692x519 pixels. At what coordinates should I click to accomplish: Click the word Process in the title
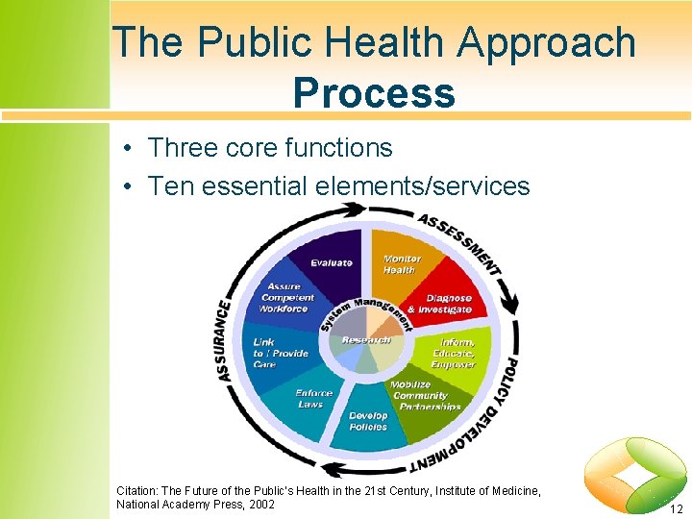(x=374, y=92)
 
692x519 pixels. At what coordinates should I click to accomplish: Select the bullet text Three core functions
(x=270, y=148)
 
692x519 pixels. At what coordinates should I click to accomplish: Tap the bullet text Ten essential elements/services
(x=338, y=185)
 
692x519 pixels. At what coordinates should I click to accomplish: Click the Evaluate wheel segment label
(x=332, y=262)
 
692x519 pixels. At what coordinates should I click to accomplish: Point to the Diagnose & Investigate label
(x=439, y=304)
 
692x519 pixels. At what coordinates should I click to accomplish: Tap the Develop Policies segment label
(x=368, y=421)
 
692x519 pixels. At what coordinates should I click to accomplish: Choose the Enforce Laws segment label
(x=313, y=398)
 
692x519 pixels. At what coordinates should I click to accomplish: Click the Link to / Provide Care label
(x=280, y=353)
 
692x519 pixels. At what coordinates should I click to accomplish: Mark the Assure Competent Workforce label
(x=286, y=297)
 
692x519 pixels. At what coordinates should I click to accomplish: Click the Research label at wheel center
(x=366, y=339)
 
